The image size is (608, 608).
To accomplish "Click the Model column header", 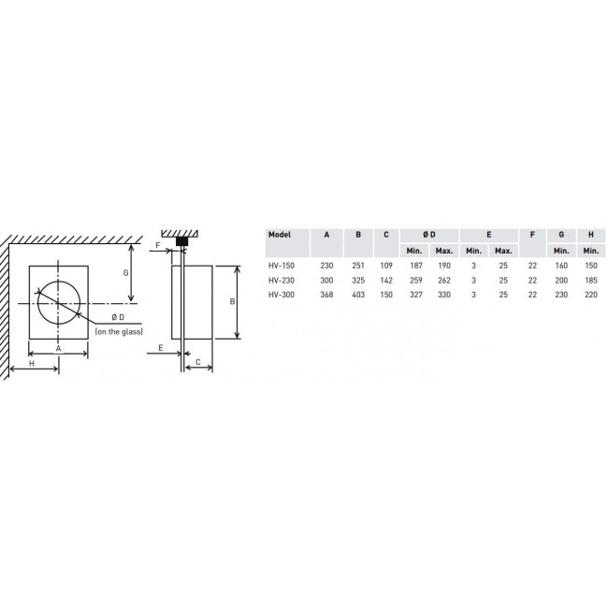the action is (279, 235).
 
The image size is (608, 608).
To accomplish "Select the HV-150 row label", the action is (282, 266).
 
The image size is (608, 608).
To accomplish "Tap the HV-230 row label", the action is (282, 280).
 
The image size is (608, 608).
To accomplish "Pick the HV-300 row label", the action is (282, 295).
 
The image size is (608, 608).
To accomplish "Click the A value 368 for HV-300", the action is (326, 295).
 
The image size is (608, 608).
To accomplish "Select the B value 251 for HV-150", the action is (358, 266).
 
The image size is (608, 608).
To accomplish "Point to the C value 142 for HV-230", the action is (386, 280).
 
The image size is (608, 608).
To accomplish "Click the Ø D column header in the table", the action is (429, 235).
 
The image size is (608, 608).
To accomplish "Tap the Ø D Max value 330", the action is (444, 295).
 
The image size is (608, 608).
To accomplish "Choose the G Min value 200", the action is (561, 280).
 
